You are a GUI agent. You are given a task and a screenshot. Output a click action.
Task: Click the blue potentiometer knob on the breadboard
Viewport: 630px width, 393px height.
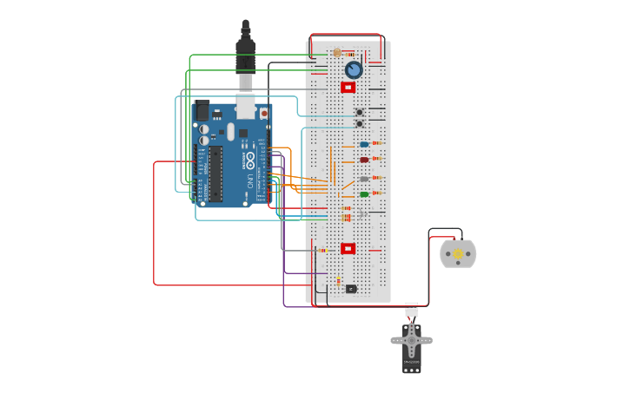[x=353, y=69]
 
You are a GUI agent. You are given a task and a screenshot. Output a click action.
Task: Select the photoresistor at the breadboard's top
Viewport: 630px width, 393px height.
[x=337, y=53]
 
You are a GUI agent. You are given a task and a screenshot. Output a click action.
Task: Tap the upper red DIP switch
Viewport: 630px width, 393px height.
[x=348, y=88]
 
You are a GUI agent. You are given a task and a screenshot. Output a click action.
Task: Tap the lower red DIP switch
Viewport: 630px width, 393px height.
[x=348, y=249]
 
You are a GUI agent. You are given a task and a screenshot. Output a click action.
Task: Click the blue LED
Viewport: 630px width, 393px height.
[x=364, y=145]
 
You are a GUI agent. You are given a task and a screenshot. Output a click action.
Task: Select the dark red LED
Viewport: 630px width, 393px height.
[x=364, y=160]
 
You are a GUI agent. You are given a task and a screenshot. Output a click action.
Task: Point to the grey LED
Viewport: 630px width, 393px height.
[x=364, y=180]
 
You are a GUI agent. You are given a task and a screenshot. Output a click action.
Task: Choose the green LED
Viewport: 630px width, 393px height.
[x=364, y=194]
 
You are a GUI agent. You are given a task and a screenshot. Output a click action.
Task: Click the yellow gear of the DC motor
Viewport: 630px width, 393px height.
[x=458, y=254]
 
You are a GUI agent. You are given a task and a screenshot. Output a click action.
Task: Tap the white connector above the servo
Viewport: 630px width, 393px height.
[x=412, y=309]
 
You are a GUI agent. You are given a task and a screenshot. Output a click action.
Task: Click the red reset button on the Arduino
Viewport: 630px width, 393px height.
[x=263, y=113]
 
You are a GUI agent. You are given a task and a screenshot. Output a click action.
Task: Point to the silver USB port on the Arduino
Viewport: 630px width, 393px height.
[x=246, y=107]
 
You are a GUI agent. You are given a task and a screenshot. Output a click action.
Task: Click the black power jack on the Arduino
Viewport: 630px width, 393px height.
[x=202, y=111]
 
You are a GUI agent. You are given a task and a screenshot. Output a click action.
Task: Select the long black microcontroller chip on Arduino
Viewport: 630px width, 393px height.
[x=215, y=173]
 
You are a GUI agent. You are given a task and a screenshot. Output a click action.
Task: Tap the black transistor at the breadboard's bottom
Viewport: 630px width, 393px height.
[x=350, y=289]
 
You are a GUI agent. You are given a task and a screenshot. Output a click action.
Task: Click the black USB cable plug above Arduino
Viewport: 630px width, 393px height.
[x=246, y=52]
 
